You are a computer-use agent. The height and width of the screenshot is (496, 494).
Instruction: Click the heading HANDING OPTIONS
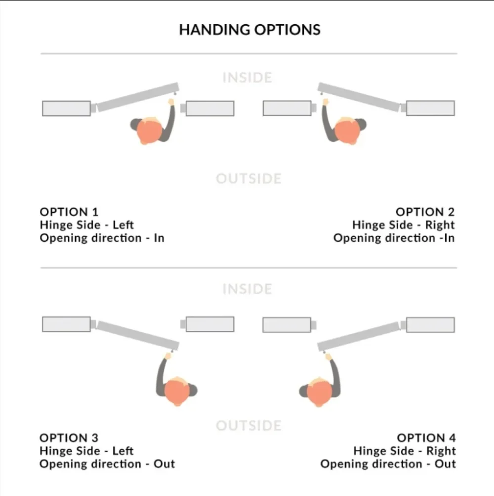[x=249, y=30]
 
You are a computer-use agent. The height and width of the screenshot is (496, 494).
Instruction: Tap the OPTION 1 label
[x=69, y=212]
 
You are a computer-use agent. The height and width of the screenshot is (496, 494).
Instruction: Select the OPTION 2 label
[x=425, y=212]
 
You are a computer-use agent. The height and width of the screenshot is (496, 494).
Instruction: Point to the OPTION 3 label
[x=69, y=438]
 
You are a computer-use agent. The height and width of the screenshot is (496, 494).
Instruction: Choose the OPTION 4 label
[x=426, y=438]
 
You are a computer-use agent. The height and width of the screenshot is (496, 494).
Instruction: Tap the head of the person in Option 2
[x=347, y=132]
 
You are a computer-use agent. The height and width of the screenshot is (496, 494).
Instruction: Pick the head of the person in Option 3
[x=176, y=391]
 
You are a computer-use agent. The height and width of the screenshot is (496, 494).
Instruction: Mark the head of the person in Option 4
[x=319, y=391]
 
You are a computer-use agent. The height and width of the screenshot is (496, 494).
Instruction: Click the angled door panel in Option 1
[x=137, y=97]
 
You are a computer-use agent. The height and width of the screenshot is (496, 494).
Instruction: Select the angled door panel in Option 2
[x=359, y=97]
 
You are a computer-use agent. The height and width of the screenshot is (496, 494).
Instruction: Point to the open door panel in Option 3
[x=137, y=334]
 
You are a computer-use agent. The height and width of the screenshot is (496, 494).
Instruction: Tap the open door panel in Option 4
[x=359, y=335]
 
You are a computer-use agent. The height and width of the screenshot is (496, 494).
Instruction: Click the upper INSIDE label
[x=247, y=78]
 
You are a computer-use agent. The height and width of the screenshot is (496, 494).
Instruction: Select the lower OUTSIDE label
[x=248, y=425]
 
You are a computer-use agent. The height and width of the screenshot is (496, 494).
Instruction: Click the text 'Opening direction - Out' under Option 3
[x=107, y=464]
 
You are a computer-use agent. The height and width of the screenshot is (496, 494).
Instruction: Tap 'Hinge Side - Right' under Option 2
[x=403, y=225]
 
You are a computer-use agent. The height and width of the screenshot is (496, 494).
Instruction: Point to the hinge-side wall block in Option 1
[x=66, y=108]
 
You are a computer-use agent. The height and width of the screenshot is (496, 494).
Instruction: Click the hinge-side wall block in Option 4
[x=430, y=325]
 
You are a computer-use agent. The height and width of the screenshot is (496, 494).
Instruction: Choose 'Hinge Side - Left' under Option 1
[x=86, y=225]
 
